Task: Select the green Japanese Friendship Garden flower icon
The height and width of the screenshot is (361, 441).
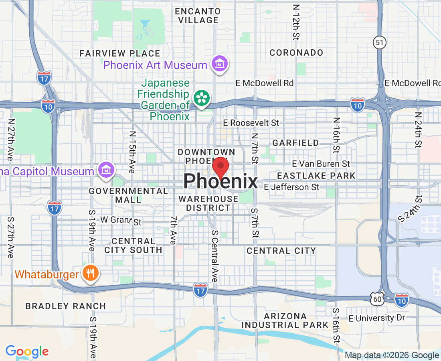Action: point(201,98)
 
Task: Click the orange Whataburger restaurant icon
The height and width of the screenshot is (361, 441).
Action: point(91,274)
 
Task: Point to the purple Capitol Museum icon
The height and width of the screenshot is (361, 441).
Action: point(106,170)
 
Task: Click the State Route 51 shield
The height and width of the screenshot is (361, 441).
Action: point(379,42)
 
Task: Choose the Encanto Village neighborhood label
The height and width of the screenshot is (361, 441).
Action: point(197,15)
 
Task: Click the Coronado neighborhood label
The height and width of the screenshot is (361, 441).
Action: point(296,53)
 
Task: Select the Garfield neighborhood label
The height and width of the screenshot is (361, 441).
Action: point(296,143)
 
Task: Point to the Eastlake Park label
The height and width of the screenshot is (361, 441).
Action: point(316,176)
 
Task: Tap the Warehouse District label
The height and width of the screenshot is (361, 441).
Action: point(208,203)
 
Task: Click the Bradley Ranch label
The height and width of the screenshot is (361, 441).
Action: point(66,306)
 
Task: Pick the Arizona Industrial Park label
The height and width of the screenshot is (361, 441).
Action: point(285,320)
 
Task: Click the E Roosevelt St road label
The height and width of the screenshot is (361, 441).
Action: point(251,122)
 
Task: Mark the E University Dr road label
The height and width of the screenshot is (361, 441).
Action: point(377,318)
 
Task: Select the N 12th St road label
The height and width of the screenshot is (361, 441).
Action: point(296,22)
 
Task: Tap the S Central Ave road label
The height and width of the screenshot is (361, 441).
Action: point(214,256)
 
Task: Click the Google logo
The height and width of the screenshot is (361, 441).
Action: point(27,352)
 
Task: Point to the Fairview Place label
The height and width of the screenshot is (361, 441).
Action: point(119,53)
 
